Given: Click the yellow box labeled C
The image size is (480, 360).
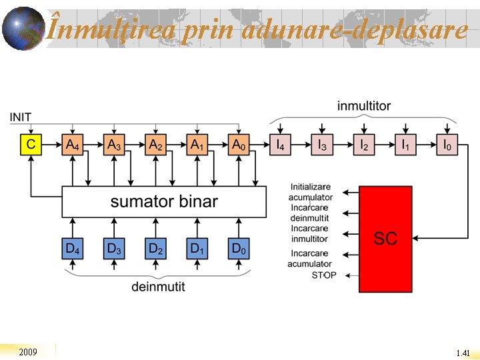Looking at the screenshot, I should pyautogui.click(x=31, y=145).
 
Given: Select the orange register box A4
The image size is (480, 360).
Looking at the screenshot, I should pyautogui.click(x=73, y=145).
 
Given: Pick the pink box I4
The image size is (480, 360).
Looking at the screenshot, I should pyautogui.click(x=280, y=145).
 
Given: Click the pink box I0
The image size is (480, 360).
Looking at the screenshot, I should pyautogui.click(x=447, y=145).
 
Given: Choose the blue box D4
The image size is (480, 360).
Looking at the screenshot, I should pyautogui.click(x=73, y=249).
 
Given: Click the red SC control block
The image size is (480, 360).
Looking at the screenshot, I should pyautogui.click(x=385, y=239).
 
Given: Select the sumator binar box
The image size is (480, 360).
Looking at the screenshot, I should pyautogui.click(x=164, y=201).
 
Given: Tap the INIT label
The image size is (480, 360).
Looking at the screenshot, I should pyautogui.click(x=20, y=117).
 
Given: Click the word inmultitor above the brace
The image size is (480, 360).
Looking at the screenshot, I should pyautogui.click(x=364, y=106).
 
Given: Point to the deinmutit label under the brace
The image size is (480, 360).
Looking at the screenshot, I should pyautogui.click(x=158, y=287).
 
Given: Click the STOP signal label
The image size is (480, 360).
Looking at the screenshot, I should pyautogui.click(x=324, y=275).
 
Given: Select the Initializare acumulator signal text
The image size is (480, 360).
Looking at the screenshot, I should pyautogui.click(x=311, y=192).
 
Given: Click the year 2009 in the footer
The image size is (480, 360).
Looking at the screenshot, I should pyautogui.click(x=28, y=351).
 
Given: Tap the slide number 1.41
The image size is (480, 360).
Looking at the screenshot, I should pyautogui.click(x=463, y=353).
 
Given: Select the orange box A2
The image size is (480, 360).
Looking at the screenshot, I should pyautogui.click(x=156, y=145).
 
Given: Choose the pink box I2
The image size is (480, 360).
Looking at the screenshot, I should pyautogui.click(x=364, y=145).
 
